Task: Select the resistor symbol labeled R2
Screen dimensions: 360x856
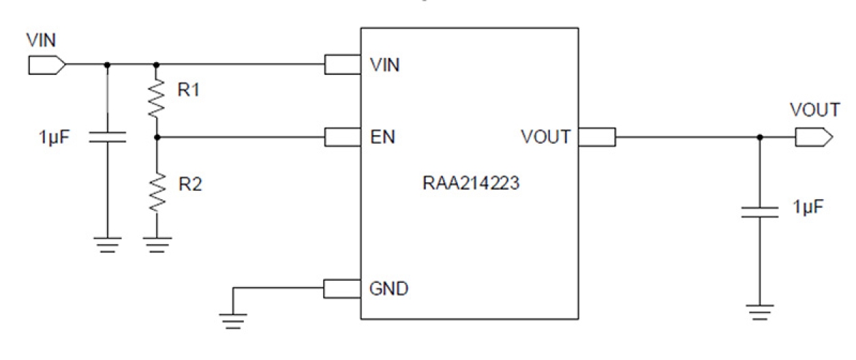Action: click(157, 192)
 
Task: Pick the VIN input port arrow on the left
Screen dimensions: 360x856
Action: click(47, 65)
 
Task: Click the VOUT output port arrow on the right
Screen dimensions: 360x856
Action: click(813, 138)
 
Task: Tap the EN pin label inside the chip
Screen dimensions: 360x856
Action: click(382, 138)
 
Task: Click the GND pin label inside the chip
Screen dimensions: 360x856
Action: click(388, 288)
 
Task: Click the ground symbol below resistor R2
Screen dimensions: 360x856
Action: click(157, 244)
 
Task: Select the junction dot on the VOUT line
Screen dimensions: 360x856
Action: click(760, 138)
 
